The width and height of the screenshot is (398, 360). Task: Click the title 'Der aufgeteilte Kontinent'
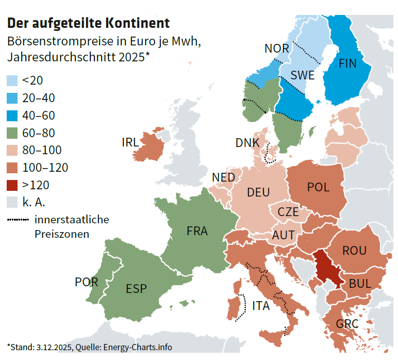(x=88, y=23)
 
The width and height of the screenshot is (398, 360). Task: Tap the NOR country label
(x=276, y=48)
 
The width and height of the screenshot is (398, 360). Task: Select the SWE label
(x=302, y=75)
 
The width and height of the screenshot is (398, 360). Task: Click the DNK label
(x=247, y=143)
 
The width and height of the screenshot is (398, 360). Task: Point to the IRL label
(x=130, y=142)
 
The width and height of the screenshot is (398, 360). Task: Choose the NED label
(x=223, y=177)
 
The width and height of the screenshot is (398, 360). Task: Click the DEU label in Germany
(x=258, y=192)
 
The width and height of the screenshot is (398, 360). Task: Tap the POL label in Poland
(x=318, y=187)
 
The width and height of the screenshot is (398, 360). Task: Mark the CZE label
(x=288, y=211)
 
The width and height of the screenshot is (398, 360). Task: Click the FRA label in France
(x=197, y=231)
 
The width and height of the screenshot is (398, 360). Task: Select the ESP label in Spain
(x=136, y=288)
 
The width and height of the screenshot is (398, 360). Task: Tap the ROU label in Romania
(x=354, y=251)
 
